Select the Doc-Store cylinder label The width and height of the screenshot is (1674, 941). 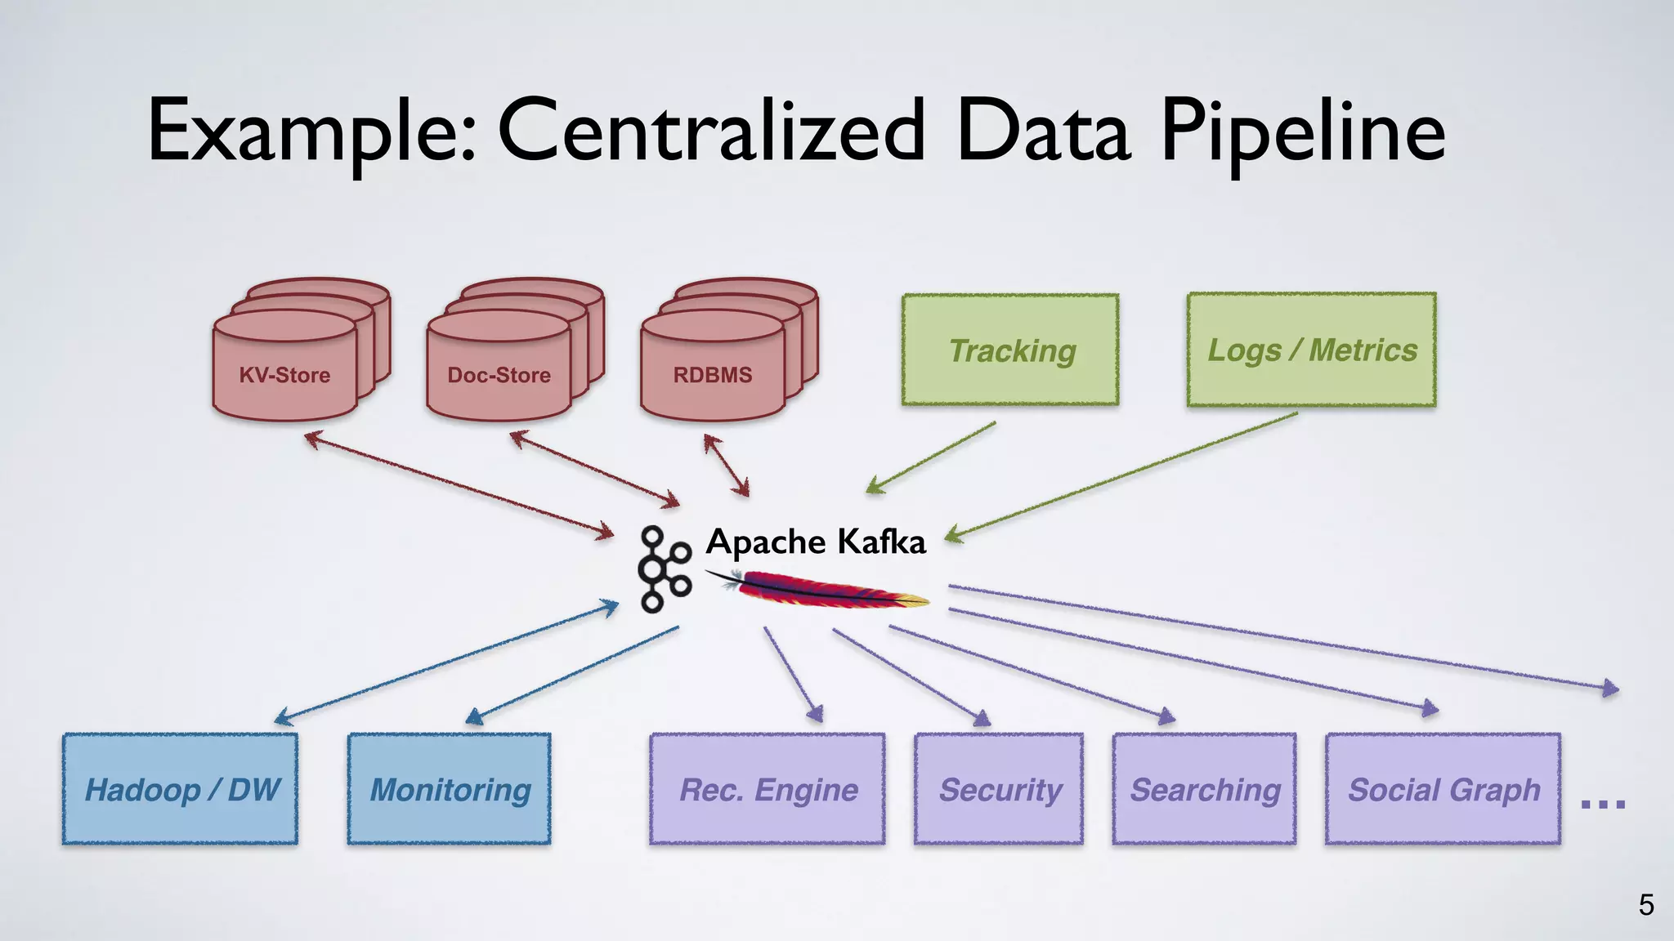[x=499, y=375]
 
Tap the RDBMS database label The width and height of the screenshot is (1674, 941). [x=712, y=375]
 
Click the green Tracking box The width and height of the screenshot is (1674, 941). [x=1010, y=350]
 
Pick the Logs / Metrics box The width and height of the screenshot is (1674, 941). [x=1311, y=350]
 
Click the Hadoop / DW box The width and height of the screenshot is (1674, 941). [x=181, y=789]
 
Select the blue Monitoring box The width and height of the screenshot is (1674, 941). [x=449, y=789]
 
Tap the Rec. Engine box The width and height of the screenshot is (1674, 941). [x=768, y=789]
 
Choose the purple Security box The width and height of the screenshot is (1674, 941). [x=999, y=789]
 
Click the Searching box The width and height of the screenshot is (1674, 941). [x=1204, y=789]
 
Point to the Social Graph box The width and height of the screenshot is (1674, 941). [x=1443, y=789]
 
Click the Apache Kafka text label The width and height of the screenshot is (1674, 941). [x=815, y=542]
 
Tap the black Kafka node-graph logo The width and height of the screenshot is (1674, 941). [x=663, y=569]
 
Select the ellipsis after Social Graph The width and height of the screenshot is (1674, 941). [x=1603, y=804]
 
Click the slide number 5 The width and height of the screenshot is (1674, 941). [x=1645, y=905]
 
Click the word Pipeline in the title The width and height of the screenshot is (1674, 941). [x=1303, y=132]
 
